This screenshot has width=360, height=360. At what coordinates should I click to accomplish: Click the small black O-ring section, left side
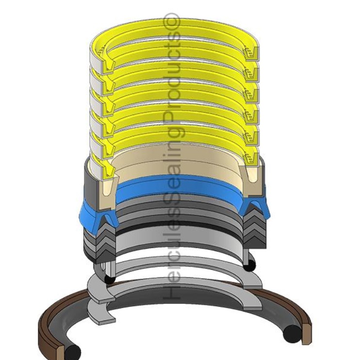click(110, 279)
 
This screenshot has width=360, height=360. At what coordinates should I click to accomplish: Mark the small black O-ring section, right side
click(250, 266)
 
